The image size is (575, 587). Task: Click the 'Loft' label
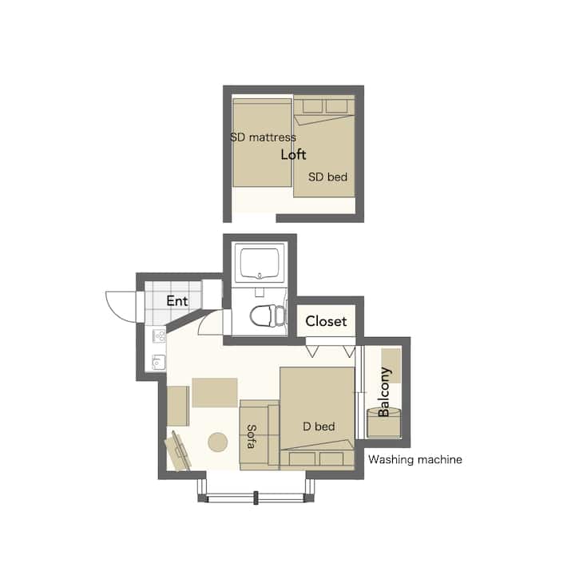pos(293,155)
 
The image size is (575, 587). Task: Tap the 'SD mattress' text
pos(263,137)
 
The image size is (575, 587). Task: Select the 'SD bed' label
pos(327,176)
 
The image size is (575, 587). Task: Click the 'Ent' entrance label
pos(177,300)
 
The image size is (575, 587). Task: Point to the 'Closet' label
pos(326,321)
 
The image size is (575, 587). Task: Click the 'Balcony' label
pos(384,392)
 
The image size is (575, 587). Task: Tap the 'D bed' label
pos(319,426)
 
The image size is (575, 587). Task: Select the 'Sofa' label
pos(252,437)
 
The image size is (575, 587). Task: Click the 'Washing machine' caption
pos(415,459)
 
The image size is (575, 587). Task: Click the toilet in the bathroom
pos(268,315)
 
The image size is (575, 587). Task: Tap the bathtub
pos(260,264)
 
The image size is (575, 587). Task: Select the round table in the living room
pos(217,442)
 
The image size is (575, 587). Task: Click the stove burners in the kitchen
pos(160,335)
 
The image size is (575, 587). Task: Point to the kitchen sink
pos(159,362)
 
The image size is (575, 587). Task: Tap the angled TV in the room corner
pos(179,450)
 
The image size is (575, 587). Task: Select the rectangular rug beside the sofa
pos(215,392)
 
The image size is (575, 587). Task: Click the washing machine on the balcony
pos(383,423)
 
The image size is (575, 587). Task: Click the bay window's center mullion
pos(256,498)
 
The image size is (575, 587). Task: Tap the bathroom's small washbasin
pos(259,292)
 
